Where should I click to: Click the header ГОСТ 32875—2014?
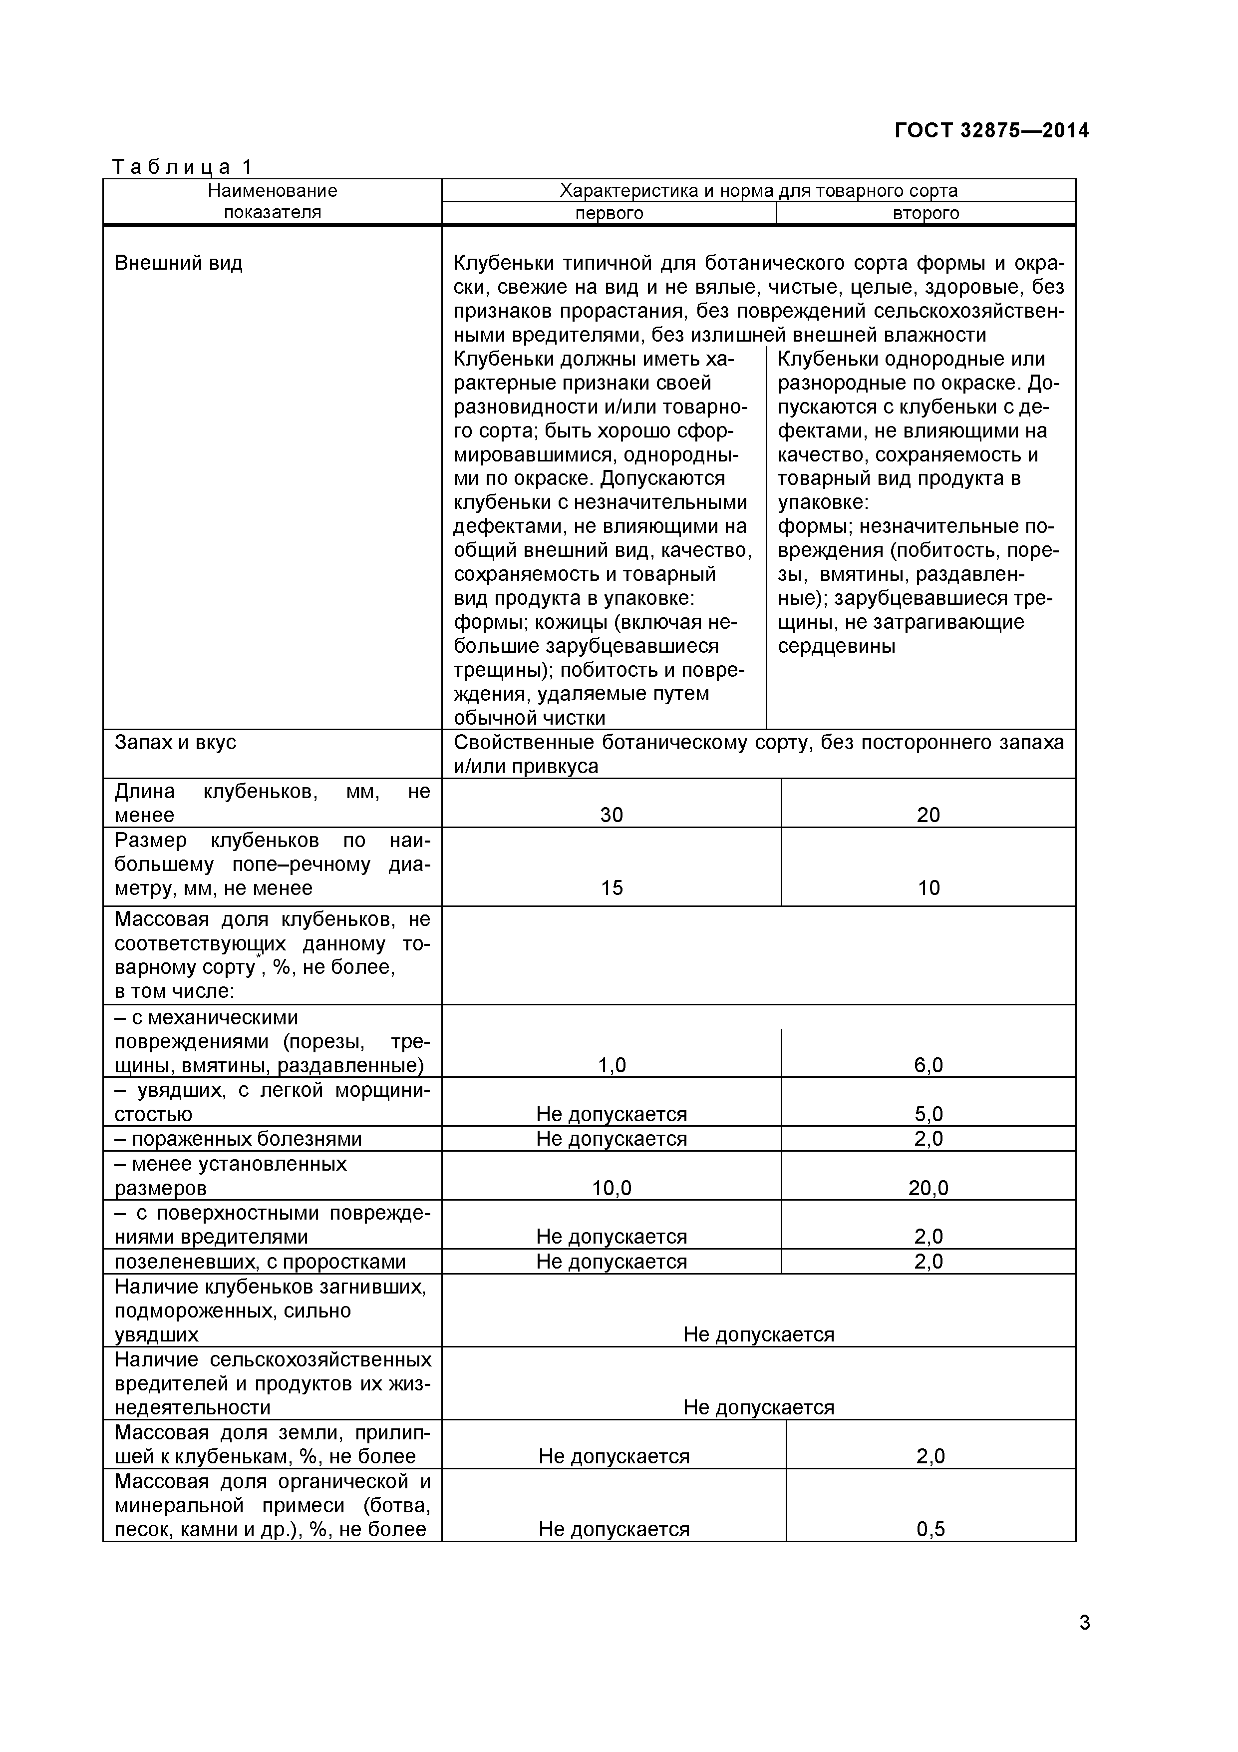coord(991,130)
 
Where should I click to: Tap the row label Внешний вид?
coord(179,263)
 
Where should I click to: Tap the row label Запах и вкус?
coord(175,743)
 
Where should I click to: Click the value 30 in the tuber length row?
coord(611,815)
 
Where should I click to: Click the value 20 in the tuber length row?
coord(928,815)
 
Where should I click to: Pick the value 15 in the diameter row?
coord(611,887)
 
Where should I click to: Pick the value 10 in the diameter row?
coord(928,887)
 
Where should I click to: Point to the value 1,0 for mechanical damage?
coord(611,1065)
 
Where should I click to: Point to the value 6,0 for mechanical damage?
coord(928,1065)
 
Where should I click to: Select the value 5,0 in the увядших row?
coord(928,1114)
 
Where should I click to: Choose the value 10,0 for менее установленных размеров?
coord(611,1188)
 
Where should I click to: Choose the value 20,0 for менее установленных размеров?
coord(928,1188)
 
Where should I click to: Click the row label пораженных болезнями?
coord(238,1139)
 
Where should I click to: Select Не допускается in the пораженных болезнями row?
coord(611,1139)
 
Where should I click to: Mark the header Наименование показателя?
coord(273,201)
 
